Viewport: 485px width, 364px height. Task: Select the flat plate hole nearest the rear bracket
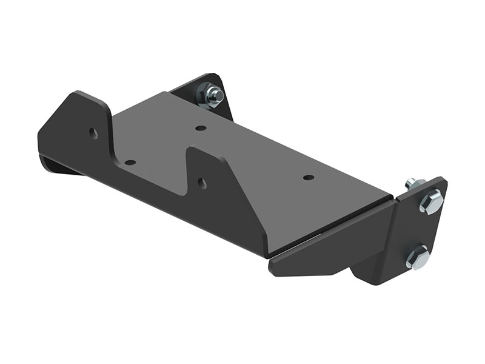point(199,128)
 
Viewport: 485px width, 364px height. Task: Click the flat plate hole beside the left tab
point(129,163)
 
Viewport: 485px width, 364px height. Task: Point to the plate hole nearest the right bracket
point(309,178)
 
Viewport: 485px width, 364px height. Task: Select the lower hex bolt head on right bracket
point(416,257)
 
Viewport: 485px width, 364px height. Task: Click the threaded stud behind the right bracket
point(411,181)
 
